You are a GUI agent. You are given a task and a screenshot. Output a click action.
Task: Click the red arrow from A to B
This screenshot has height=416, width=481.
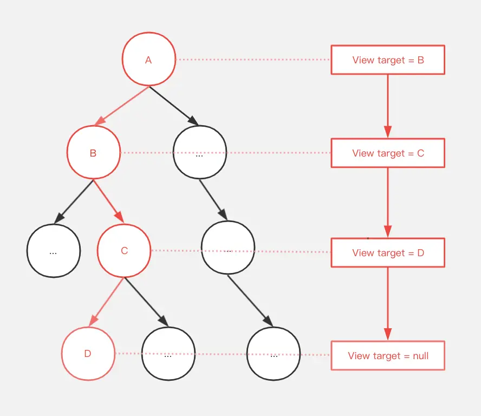pos(122,106)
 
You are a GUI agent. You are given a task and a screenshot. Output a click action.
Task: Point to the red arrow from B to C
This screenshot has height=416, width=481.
pos(108,201)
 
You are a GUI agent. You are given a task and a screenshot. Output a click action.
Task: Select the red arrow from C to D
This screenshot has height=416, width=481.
pos(106,302)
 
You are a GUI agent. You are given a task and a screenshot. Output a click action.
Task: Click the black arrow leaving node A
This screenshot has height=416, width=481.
pos(174,106)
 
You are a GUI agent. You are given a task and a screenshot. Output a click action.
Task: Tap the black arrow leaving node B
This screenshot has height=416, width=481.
pos(74,201)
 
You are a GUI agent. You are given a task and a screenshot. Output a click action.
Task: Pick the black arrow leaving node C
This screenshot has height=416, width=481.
pos(146,302)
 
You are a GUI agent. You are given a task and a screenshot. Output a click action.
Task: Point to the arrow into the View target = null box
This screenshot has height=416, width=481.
pos(388,304)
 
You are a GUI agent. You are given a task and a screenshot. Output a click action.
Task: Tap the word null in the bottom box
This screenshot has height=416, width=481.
pos(420,355)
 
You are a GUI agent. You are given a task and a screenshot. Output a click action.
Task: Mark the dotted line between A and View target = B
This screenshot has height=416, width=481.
pos(253,60)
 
